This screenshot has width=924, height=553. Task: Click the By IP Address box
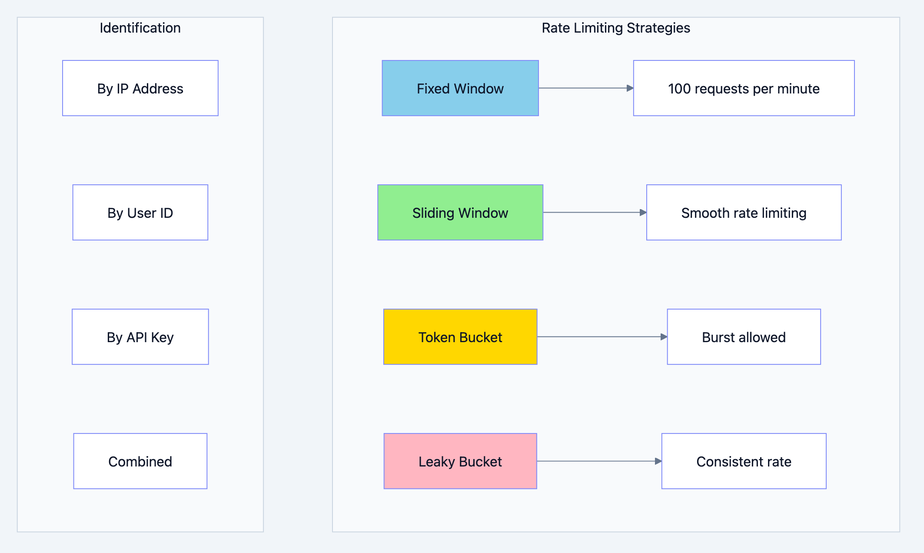(140, 88)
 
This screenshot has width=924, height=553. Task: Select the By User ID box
(140, 213)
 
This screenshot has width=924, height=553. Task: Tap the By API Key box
(140, 337)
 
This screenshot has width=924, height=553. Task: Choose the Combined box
(140, 461)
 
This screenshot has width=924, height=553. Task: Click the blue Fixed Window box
(460, 88)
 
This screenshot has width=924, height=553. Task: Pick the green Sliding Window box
(460, 213)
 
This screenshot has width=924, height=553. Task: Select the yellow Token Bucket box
(460, 337)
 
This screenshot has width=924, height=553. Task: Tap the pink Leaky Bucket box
(460, 461)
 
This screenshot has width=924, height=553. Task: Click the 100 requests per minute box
(744, 88)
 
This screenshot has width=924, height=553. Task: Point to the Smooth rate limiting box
(744, 213)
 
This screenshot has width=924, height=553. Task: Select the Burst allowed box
(744, 337)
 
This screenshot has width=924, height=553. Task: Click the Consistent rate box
(744, 461)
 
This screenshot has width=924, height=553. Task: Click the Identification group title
(140, 28)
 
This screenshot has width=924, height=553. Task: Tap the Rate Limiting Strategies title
(615, 28)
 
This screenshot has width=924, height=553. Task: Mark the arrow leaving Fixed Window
(585, 88)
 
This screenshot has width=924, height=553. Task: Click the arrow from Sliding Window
(594, 213)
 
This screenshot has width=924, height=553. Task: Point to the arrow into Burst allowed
(602, 337)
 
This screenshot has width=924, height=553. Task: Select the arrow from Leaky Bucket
(599, 461)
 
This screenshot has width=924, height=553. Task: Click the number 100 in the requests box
(679, 89)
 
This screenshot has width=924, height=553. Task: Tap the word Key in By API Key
(162, 338)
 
